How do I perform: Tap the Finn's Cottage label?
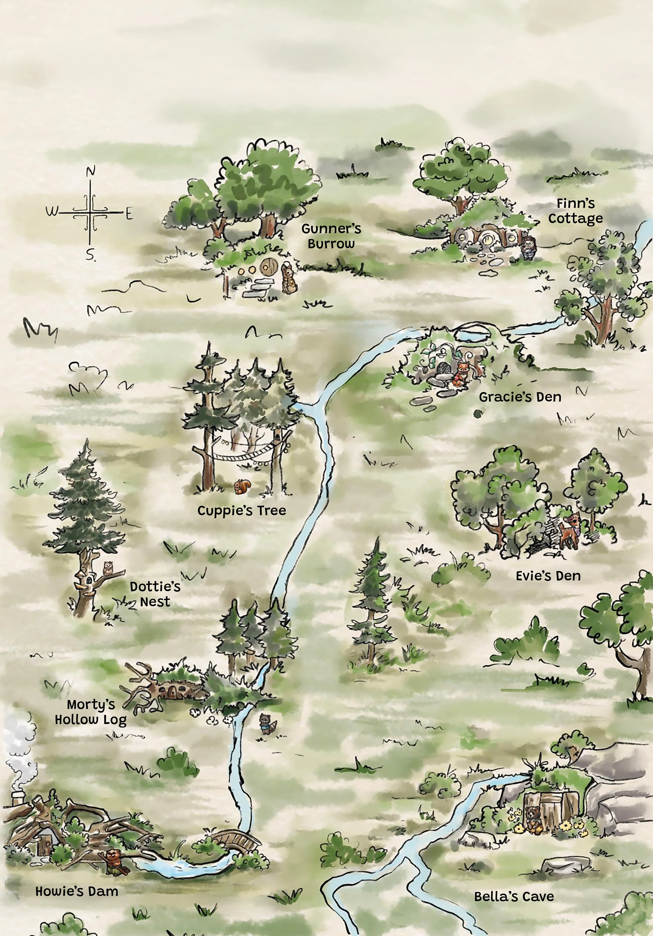575,211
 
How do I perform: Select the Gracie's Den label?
520,397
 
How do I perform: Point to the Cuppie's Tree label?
242,511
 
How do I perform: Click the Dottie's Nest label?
155,594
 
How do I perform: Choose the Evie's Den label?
548,576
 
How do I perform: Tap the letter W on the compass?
52,212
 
